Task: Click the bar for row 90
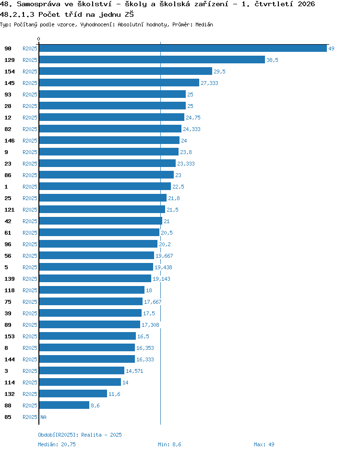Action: pyautogui.click(x=183, y=48)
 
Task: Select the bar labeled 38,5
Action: pyautogui.click(x=152, y=60)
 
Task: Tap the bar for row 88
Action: pyautogui.click(x=64, y=405)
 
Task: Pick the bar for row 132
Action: pyautogui.click(x=73, y=394)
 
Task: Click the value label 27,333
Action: pyautogui.click(x=209, y=83)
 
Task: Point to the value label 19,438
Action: pyautogui.click(x=163, y=267)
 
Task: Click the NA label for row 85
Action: pyautogui.click(x=43, y=417)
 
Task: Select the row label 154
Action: pyautogui.click(x=10, y=72)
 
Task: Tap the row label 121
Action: pyautogui.click(x=10, y=210)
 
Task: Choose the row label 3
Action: pyautogui.click(x=6, y=371)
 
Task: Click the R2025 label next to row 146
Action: pyautogui.click(x=30, y=141)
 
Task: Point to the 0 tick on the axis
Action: pyautogui.click(x=39, y=39)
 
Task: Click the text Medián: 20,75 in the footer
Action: pyautogui.click(x=57, y=444)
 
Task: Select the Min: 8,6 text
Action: pyautogui.click(x=169, y=444)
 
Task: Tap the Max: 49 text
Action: pyautogui.click(x=264, y=444)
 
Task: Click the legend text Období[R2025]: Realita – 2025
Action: pyautogui.click(x=80, y=435)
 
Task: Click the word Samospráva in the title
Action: pyautogui.click(x=39, y=4)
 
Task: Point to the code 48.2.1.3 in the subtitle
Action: pyautogui.click(x=17, y=14)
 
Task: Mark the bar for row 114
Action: pyautogui.click(x=80, y=382)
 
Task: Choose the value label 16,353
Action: pyautogui.click(x=145, y=348)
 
